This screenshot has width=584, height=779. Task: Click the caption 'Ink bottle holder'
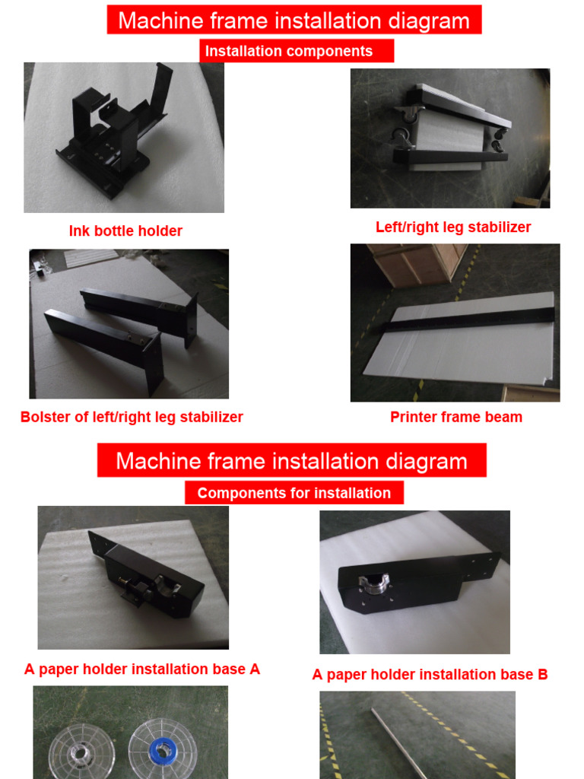coord(125,231)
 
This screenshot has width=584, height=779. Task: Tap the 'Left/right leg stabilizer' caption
coord(453,227)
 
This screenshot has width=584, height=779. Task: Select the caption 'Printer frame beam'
coord(456,417)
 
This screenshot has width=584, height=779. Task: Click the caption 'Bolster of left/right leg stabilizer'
coord(132,417)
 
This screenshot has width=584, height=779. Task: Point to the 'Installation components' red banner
coord(297,51)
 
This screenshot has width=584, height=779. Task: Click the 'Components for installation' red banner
coord(294,493)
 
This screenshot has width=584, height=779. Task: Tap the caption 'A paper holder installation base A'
coord(142,669)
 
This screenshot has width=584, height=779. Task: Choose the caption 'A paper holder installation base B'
coord(430,675)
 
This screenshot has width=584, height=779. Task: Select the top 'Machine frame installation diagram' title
coord(294,20)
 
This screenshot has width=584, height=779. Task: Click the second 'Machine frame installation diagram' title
coord(291,461)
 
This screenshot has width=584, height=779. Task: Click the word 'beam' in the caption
coord(505,417)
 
